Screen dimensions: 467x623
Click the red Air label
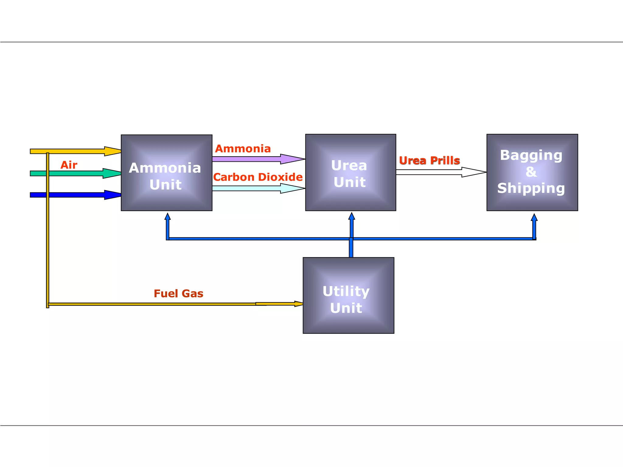pos(69,165)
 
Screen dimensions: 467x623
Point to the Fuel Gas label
pos(179,294)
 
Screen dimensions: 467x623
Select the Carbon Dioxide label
pos(258,177)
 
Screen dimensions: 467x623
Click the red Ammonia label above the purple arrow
pos(243,149)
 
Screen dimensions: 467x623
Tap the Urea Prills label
pos(429,161)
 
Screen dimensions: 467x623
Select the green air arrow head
pos(112,173)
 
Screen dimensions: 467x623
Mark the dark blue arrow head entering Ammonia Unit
pos(113,195)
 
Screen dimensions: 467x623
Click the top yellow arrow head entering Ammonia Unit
pos(113,151)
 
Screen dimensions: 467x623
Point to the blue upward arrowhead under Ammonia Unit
pos(168,216)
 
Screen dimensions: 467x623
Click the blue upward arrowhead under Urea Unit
pos(352,216)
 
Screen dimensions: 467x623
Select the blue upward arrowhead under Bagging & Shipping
pos(534,217)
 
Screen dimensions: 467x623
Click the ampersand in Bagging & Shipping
pos(531,172)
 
